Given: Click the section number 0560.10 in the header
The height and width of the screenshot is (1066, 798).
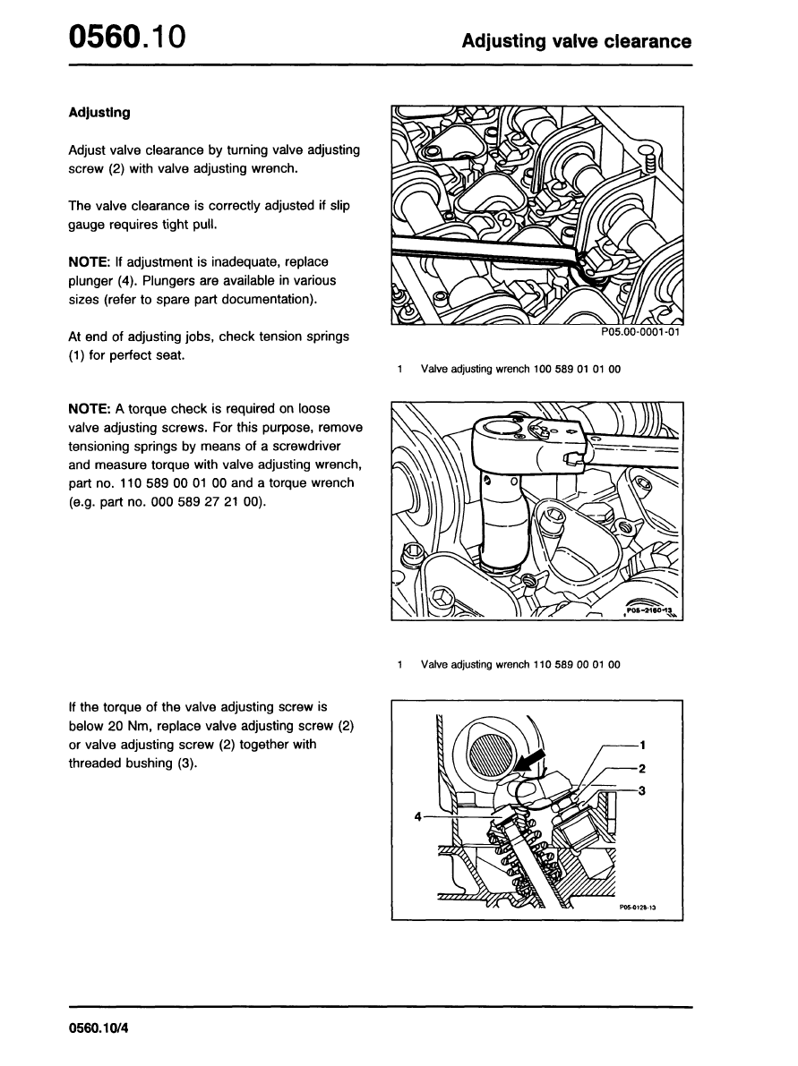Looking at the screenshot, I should coord(126,38).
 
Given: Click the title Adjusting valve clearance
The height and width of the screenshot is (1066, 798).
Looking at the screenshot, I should coord(576,41).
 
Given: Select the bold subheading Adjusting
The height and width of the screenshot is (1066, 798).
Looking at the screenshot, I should coord(99,113).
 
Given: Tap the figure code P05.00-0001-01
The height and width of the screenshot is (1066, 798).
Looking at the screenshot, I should coord(640,332).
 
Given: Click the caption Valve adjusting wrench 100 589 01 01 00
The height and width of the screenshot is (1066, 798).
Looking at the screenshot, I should coord(519,369).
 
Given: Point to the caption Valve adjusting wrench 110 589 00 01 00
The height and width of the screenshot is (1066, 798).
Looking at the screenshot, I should coord(519,665).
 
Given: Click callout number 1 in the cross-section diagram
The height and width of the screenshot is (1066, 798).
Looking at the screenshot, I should coord(643,745).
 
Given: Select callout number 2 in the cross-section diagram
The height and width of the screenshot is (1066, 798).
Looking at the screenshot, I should coord(643,768).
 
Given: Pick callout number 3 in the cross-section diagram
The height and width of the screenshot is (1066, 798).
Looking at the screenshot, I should coord(643,790).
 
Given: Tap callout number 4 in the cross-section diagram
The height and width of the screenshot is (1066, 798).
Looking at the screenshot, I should coord(418,816).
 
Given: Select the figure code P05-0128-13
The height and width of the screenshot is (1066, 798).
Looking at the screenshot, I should coord(637,907).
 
